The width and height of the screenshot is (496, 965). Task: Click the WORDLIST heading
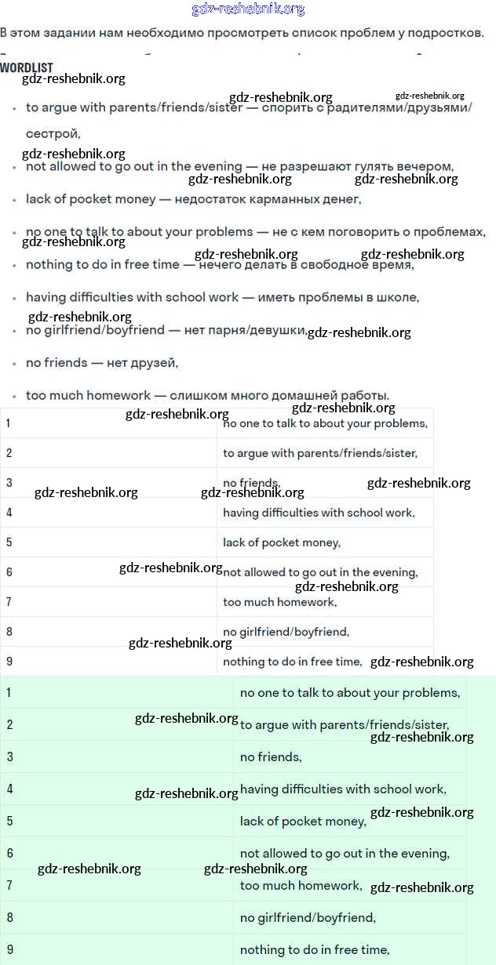27,68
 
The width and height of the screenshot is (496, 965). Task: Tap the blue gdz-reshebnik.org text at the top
248,9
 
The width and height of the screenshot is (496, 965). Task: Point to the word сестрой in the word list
53,133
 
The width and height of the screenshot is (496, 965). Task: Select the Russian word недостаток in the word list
212,199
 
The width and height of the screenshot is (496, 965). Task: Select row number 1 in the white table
9,423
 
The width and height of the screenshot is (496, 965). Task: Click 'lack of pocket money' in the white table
282,542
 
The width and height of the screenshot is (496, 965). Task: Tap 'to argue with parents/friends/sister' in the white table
320,453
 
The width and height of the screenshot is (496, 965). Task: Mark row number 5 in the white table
9,542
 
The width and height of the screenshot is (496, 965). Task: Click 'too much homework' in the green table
301,886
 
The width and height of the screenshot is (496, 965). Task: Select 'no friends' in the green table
271,757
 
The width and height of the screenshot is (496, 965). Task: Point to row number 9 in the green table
9,950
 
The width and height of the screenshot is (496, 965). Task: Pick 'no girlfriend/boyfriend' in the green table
308,918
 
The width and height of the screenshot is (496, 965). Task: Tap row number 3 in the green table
9,757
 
